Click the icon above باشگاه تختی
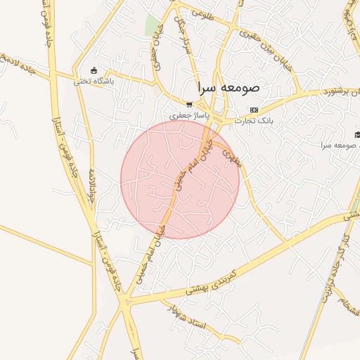coord(94,70)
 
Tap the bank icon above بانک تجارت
coord(254,110)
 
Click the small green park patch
coord(152,25)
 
